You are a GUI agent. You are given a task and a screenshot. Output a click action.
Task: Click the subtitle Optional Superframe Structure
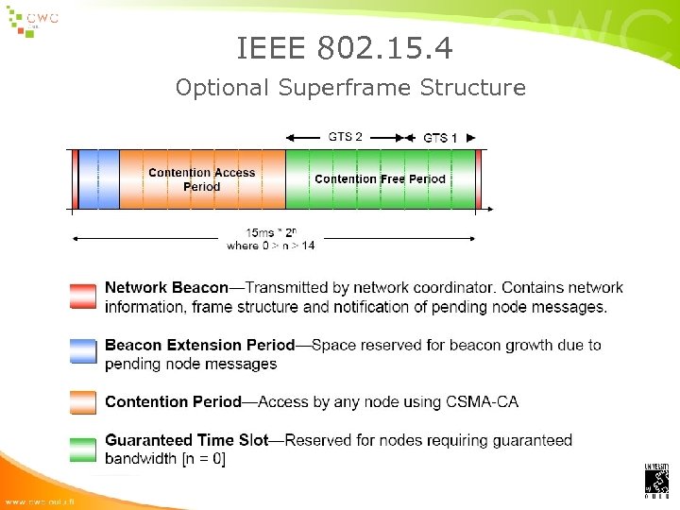click(x=350, y=88)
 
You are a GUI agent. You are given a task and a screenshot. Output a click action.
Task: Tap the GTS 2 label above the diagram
click(x=345, y=137)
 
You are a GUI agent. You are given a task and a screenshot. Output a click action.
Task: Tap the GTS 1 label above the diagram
click(x=440, y=138)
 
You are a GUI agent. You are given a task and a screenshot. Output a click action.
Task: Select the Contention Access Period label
click(x=201, y=179)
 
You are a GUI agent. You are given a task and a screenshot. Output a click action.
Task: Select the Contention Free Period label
click(x=380, y=178)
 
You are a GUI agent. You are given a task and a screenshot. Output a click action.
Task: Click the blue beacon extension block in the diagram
click(x=99, y=178)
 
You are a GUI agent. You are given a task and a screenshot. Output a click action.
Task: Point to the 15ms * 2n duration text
click(x=270, y=232)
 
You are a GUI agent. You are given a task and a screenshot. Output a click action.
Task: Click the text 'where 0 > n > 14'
click(x=270, y=246)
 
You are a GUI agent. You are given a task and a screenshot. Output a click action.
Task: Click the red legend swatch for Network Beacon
click(x=83, y=296)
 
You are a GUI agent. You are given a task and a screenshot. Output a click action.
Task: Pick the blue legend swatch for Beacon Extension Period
click(x=83, y=352)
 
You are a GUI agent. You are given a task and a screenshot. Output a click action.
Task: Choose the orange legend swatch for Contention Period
click(x=83, y=401)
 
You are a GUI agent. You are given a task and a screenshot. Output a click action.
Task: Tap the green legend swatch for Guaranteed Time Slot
click(x=83, y=448)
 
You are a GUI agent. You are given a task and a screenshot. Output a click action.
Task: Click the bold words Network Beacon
click(x=166, y=287)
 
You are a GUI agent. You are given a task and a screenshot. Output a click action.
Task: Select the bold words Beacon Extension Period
click(x=199, y=345)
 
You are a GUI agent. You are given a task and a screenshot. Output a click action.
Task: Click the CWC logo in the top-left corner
click(x=33, y=22)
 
